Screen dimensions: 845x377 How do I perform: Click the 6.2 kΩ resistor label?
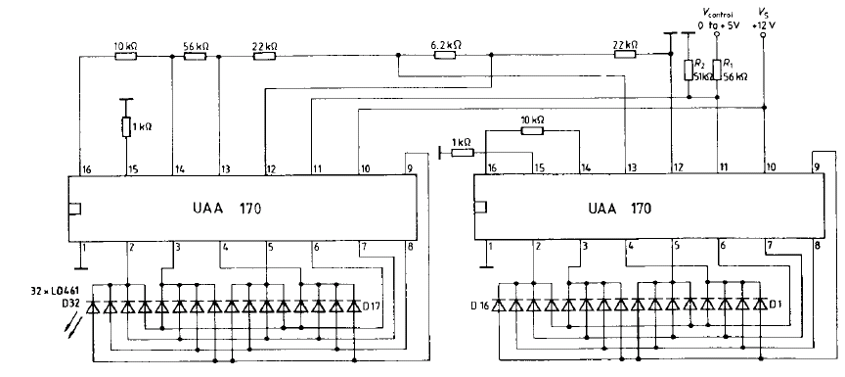pyautogui.click(x=446, y=45)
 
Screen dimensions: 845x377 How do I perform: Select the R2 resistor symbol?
pyautogui.click(x=689, y=71)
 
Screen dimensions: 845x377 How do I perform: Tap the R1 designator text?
pyautogui.click(x=729, y=63)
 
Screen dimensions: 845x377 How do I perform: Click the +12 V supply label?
pyautogui.click(x=763, y=25)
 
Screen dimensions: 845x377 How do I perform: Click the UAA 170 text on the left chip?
pyautogui.click(x=227, y=209)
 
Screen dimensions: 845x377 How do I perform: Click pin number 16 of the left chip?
pyautogui.click(x=87, y=169)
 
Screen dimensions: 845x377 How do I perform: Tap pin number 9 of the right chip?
pyautogui.click(x=818, y=167)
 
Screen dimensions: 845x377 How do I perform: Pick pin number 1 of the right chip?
pyautogui.click(x=490, y=247)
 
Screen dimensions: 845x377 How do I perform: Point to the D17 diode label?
pyautogui.click(x=372, y=306)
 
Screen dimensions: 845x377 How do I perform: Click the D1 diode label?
pyautogui.click(x=774, y=306)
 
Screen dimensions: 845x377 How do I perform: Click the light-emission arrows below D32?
pyautogui.click(x=76, y=327)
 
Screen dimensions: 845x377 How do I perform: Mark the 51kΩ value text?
pyautogui.click(x=700, y=76)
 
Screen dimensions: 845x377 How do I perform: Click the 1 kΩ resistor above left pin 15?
pyautogui.click(x=126, y=126)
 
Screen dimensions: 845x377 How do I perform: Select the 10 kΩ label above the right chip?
pyautogui.click(x=532, y=119)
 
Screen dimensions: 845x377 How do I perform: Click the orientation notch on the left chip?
pyautogui.click(x=75, y=209)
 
